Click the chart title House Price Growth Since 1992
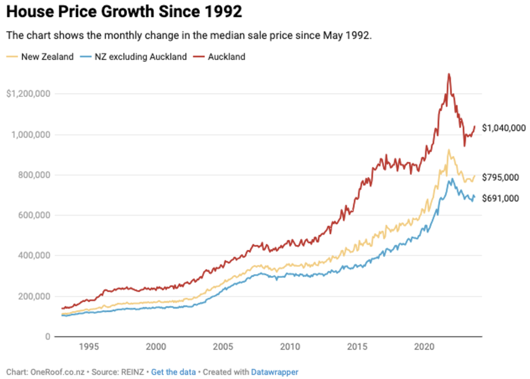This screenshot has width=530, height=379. (x=124, y=12)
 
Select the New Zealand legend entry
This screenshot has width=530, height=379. (x=47, y=57)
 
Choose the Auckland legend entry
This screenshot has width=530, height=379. (x=226, y=57)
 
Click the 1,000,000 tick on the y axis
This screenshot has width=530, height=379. (x=30, y=135)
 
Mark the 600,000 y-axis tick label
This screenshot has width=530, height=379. (x=33, y=216)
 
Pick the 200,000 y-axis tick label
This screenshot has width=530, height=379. (x=33, y=297)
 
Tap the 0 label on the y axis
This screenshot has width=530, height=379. (x=48, y=337)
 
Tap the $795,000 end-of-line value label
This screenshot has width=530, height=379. (x=500, y=177)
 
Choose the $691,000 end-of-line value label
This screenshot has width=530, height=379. (x=500, y=198)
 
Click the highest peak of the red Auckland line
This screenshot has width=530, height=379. (x=449, y=74)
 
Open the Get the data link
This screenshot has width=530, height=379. (x=173, y=372)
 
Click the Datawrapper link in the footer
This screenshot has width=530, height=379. (x=274, y=372)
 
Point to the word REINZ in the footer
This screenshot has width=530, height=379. (x=132, y=372)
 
